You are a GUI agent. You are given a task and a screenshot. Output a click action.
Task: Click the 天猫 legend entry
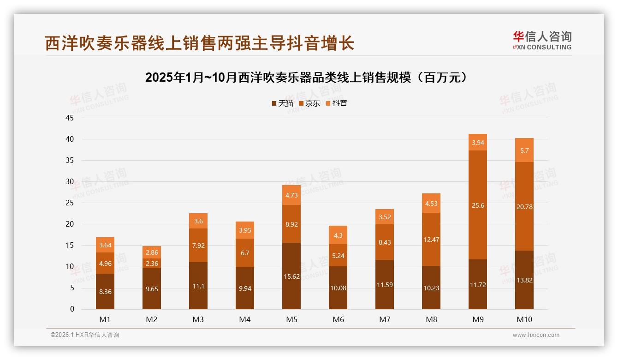[282, 103]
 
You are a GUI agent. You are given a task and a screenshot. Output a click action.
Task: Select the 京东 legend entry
[309, 103]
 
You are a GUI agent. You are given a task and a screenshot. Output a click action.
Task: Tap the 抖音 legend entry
[336, 103]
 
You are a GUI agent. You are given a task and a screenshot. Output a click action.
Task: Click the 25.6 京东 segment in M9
[478, 205]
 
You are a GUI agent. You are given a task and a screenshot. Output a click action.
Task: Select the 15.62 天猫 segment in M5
[291, 276]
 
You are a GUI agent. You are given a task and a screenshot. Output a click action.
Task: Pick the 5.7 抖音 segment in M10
[524, 150]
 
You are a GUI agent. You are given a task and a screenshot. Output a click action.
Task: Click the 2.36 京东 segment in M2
[152, 263]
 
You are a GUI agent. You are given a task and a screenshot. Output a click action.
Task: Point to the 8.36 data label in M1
[105, 292]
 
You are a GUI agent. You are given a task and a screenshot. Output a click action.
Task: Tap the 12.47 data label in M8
[431, 239]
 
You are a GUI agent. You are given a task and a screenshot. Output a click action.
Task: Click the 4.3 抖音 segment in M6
[338, 235]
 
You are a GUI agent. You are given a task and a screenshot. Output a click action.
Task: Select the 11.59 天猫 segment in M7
[385, 285]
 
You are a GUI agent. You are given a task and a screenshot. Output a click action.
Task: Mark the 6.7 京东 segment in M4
[245, 253]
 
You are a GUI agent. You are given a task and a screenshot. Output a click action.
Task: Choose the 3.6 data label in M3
[198, 221]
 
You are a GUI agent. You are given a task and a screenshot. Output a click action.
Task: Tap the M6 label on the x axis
[338, 319]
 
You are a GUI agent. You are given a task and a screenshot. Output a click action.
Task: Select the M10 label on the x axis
[524, 319]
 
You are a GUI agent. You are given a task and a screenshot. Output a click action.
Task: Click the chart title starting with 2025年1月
[309, 78]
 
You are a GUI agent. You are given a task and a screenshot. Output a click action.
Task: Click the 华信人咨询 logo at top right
[542, 41]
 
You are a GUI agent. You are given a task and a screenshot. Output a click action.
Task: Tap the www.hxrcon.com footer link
[536, 335]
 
